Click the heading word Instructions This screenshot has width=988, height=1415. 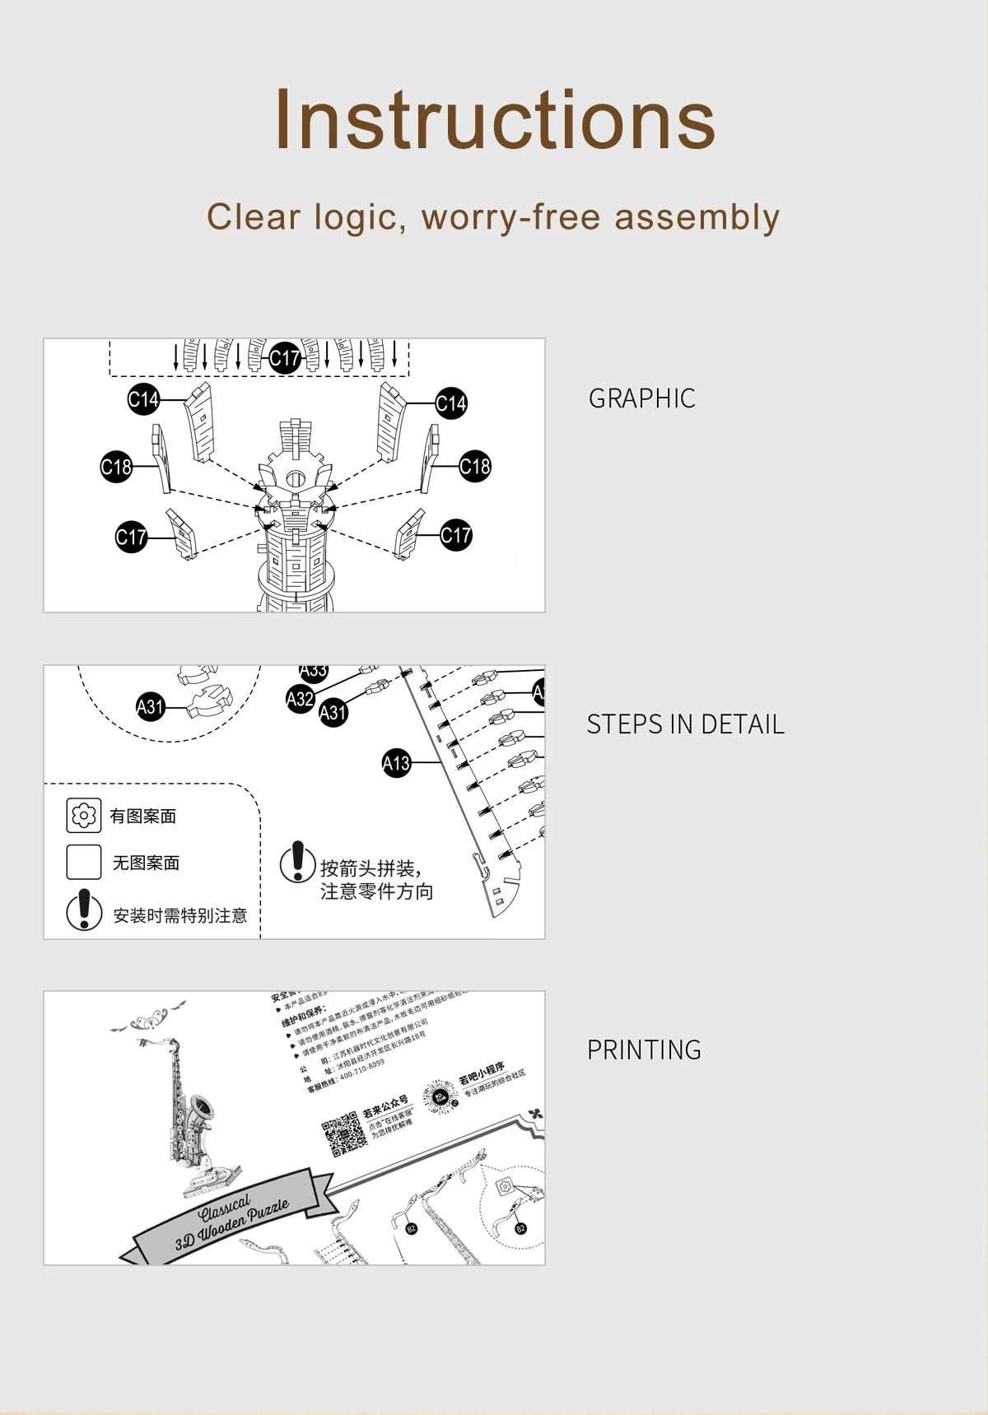click(494, 121)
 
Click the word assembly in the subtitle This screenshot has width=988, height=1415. click(697, 218)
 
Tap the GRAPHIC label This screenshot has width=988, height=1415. click(641, 398)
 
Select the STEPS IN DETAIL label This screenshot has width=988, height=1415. click(685, 724)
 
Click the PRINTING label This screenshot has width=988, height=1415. click(644, 1050)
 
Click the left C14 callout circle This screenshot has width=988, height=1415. click(143, 400)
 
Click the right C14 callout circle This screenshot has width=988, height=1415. click(451, 403)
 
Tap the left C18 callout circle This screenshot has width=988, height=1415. click(116, 468)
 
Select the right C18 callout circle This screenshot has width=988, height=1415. click(475, 466)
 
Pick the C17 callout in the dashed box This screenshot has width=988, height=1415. click(285, 358)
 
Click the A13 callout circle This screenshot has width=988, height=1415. click(396, 764)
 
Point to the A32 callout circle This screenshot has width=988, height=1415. click(300, 699)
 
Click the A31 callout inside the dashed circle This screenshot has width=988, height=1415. click(150, 706)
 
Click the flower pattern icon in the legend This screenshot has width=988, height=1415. click(83, 816)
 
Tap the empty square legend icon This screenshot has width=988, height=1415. click(83, 863)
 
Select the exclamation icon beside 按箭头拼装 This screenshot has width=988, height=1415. click(297, 862)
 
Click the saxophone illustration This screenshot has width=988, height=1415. click(188, 1103)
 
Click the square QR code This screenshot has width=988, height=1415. click(343, 1136)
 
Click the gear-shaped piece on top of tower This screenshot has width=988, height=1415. click(295, 477)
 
